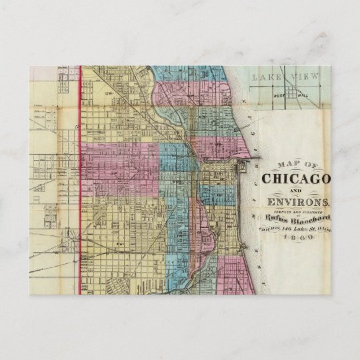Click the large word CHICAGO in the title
click(x=298, y=179)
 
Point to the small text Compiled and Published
click(x=298, y=211)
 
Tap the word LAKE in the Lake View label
click(x=266, y=78)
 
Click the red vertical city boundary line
click(x=81, y=180)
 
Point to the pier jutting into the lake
click(x=249, y=160)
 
